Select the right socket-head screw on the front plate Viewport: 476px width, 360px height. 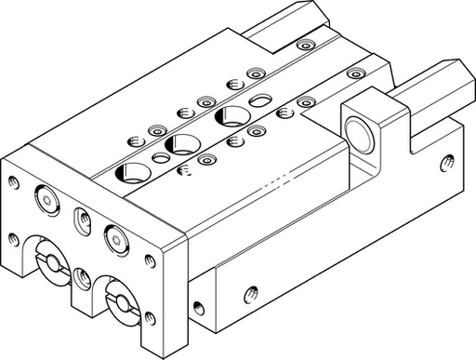point(115,235)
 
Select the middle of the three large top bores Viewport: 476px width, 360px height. point(178,144)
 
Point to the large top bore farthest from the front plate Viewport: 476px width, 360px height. point(227,116)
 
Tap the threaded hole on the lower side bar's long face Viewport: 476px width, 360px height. point(249,296)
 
